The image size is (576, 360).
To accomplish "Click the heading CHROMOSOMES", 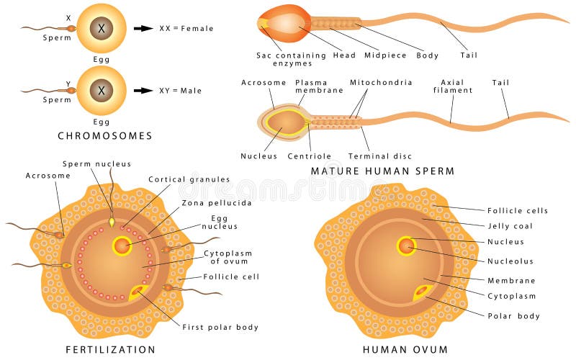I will [x=106, y=135].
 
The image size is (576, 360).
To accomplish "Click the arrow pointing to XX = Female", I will [x=145, y=28].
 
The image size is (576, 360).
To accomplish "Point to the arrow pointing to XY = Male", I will [x=145, y=91].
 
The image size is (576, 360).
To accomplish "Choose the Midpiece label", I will [x=386, y=55].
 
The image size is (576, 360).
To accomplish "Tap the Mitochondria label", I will [x=381, y=82].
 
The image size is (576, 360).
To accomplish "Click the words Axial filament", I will [x=453, y=86].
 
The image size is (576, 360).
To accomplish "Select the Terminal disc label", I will [x=374, y=156].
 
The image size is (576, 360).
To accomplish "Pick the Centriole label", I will [x=309, y=156].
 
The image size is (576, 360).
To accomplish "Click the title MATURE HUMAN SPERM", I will [x=382, y=171].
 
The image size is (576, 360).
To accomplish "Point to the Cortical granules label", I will [x=189, y=179].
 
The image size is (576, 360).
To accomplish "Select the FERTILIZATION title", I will [x=110, y=350].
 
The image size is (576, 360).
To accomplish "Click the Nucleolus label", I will [x=511, y=261].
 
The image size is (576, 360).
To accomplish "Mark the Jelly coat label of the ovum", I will [x=510, y=226].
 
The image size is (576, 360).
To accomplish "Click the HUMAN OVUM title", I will [x=405, y=350].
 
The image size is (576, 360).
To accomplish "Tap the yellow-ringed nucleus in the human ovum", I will [x=407, y=246].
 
